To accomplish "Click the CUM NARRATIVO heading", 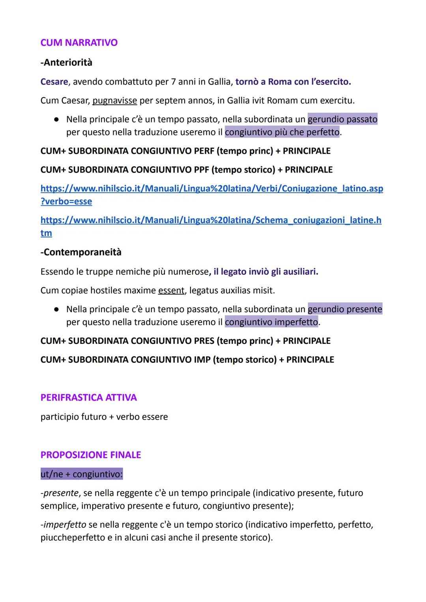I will tap(79, 43).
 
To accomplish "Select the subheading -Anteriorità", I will tap(66, 62).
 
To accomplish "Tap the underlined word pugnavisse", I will tap(115, 101).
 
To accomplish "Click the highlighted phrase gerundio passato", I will tap(342, 119).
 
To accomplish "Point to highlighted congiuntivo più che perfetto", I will tap(282, 132).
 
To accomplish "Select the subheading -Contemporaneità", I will tap(81, 252).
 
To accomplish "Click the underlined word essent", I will tap(171, 291).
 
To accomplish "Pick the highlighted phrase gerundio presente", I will tap(345, 309).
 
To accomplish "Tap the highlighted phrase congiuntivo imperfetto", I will tap(271, 322).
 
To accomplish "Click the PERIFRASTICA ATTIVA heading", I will tap(89, 398).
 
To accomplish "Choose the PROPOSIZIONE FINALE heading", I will tap(91, 455).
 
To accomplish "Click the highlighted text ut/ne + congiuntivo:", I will tap(82, 474).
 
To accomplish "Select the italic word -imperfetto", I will tap(63, 525).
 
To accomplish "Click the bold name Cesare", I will tap(54, 82).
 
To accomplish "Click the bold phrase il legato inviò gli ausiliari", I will tap(266, 272).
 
